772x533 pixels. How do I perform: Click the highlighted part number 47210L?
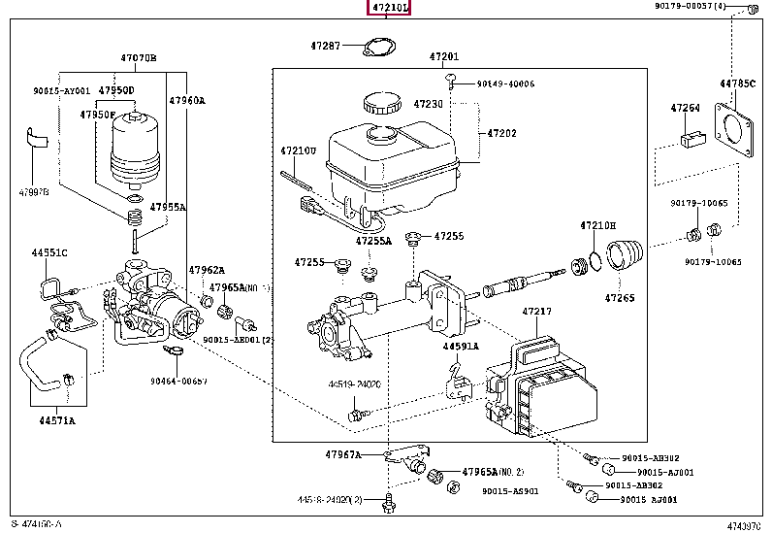tap(388, 9)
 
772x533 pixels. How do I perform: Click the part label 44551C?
tap(48, 252)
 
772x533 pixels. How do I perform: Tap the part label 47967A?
tap(342, 453)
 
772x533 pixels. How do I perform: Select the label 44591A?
tap(461, 346)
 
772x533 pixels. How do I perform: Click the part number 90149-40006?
tap(505, 83)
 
